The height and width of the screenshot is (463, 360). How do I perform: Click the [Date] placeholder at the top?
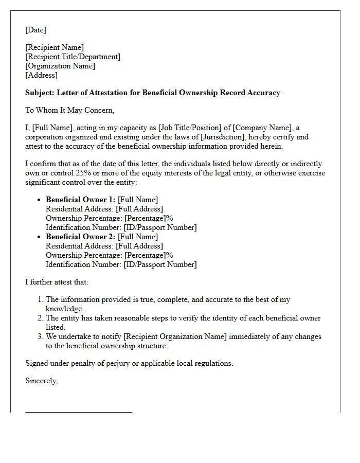click(35, 30)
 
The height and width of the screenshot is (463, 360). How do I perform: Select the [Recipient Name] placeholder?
click(54, 48)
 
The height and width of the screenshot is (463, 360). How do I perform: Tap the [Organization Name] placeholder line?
click(60, 66)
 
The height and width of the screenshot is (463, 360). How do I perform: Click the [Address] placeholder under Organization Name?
click(41, 75)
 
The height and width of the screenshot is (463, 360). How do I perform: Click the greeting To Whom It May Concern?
click(69, 110)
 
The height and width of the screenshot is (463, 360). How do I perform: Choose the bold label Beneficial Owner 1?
click(81, 200)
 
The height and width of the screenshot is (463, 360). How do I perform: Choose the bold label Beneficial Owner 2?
click(81, 237)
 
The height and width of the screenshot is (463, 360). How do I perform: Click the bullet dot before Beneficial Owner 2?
click(39, 237)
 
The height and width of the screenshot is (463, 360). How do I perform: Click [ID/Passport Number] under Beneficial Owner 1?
click(160, 227)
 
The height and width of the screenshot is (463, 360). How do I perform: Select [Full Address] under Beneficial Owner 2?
click(139, 246)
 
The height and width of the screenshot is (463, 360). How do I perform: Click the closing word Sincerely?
click(41, 381)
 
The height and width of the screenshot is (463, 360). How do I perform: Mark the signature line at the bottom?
click(79, 412)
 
